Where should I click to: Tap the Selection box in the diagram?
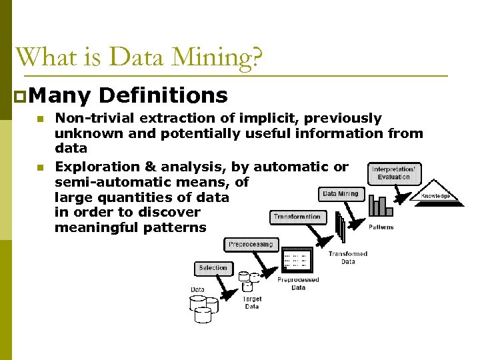[x=213, y=268]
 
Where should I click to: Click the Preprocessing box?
[x=251, y=245]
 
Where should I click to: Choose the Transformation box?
[x=297, y=217]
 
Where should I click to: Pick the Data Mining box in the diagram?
[x=340, y=194]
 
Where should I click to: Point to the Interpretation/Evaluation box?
[x=394, y=173]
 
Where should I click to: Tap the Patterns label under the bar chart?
[x=381, y=227]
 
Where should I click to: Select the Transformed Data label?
[x=347, y=258]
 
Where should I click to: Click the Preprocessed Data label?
[x=298, y=284]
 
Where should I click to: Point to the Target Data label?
[x=251, y=303]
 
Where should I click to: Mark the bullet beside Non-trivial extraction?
[x=41, y=119]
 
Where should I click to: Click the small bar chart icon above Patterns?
[x=381, y=206]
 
